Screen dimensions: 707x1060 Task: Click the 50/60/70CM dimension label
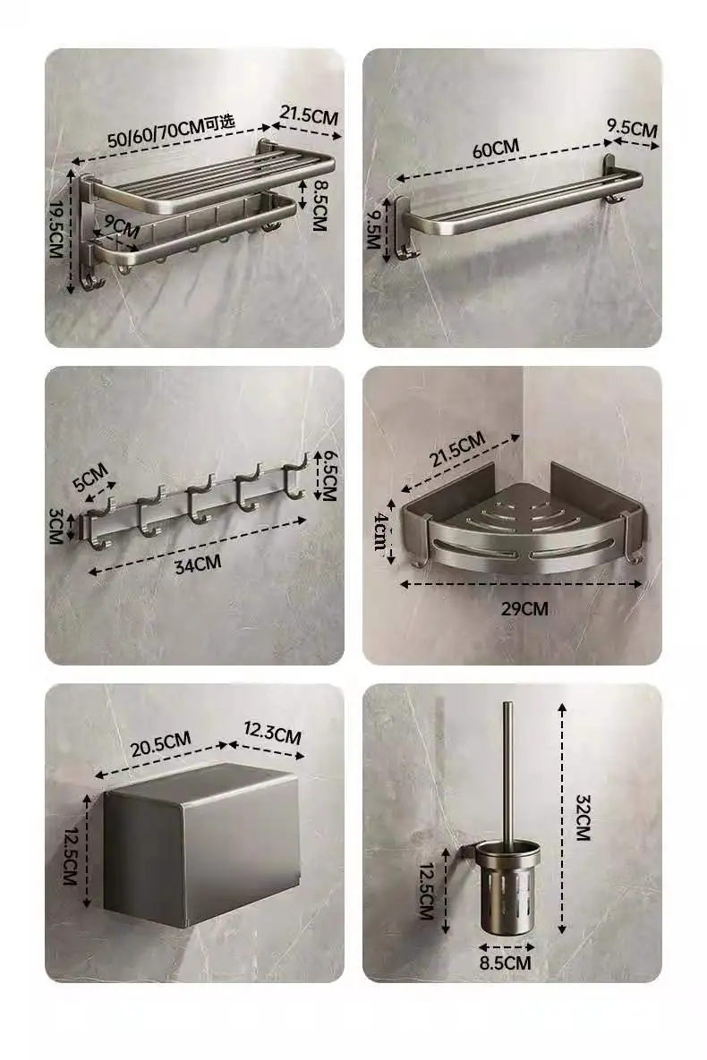click(x=171, y=131)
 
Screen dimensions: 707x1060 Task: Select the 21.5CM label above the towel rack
click(x=309, y=114)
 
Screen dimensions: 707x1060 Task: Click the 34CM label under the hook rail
click(x=198, y=564)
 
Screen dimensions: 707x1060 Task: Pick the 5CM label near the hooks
click(x=90, y=477)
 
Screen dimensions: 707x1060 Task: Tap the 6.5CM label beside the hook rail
click(x=328, y=475)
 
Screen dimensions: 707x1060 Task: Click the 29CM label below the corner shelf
click(x=524, y=608)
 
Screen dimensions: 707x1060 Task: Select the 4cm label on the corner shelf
click(x=381, y=531)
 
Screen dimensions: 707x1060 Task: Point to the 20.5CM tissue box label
click(x=161, y=743)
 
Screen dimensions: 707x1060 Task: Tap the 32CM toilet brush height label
click(x=583, y=818)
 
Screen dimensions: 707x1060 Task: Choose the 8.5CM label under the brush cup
click(x=506, y=962)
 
